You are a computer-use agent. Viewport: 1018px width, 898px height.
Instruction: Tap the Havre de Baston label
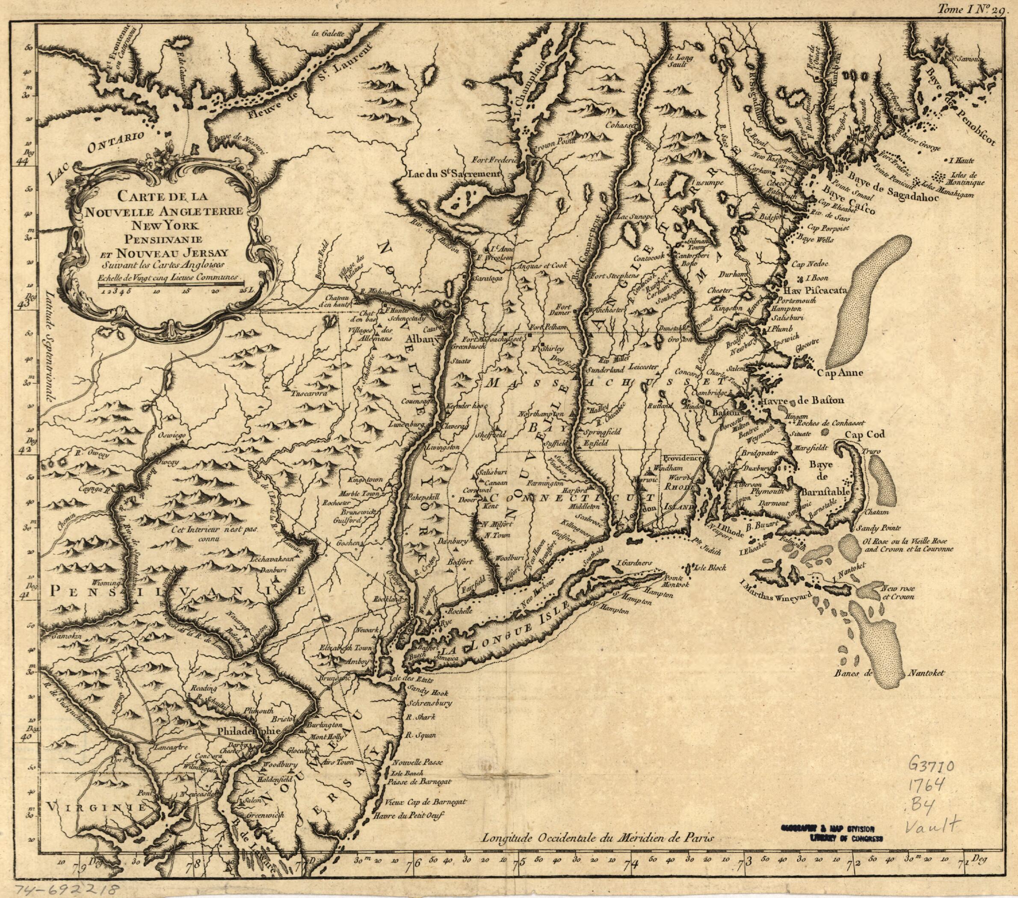point(791,400)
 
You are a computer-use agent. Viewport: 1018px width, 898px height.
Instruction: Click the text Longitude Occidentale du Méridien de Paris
point(598,837)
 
